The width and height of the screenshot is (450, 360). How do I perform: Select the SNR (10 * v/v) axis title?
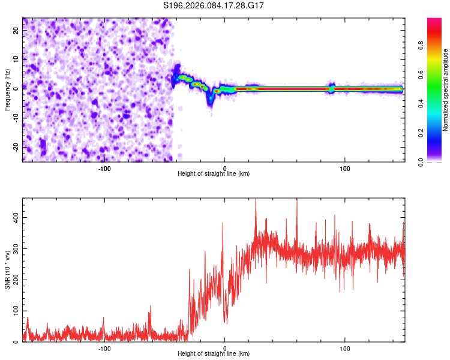pos(7,270)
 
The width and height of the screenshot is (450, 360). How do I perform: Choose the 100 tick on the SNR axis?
pos(14,311)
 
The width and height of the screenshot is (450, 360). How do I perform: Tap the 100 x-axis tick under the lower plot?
pos(345,347)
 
